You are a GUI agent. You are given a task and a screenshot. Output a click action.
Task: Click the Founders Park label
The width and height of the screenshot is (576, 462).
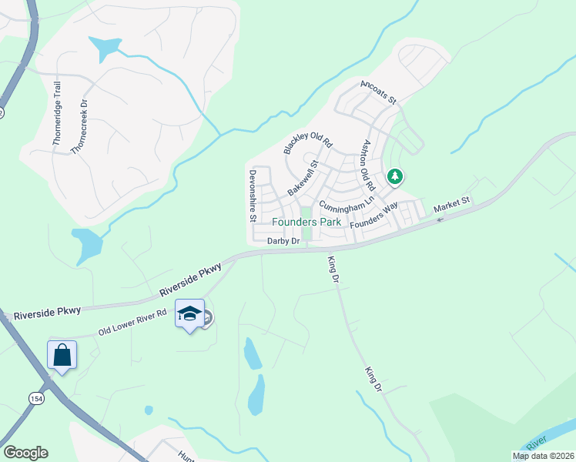(x=306, y=222)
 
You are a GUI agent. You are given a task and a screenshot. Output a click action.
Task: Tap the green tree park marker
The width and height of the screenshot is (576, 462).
(x=395, y=177)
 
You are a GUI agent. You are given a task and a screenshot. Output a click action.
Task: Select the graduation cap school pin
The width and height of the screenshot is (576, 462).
(x=190, y=313)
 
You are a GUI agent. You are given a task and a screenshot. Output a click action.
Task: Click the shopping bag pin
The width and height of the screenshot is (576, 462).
(x=62, y=355)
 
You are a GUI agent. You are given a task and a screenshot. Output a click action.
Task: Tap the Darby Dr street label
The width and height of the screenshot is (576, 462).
(x=283, y=241)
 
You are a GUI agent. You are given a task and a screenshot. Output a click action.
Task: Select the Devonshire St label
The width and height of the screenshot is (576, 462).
(x=252, y=196)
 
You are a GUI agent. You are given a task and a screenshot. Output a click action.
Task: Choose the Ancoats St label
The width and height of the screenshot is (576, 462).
(x=377, y=91)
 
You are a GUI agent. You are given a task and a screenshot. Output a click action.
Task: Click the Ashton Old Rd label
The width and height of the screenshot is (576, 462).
(x=364, y=165)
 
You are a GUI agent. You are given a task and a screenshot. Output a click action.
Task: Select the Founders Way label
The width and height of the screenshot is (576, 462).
(x=373, y=215)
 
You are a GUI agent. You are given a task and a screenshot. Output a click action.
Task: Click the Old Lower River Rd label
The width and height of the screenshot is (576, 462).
(x=132, y=323)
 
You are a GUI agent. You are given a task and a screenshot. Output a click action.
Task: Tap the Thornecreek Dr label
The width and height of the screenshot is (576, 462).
(x=80, y=126)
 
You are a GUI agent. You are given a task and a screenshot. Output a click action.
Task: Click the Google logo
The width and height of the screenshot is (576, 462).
(x=25, y=453)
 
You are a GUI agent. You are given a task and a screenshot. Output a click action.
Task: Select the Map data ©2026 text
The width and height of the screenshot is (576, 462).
(x=542, y=456)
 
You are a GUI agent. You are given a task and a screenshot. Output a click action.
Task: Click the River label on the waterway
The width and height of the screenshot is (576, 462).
(x=540, y=441)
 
